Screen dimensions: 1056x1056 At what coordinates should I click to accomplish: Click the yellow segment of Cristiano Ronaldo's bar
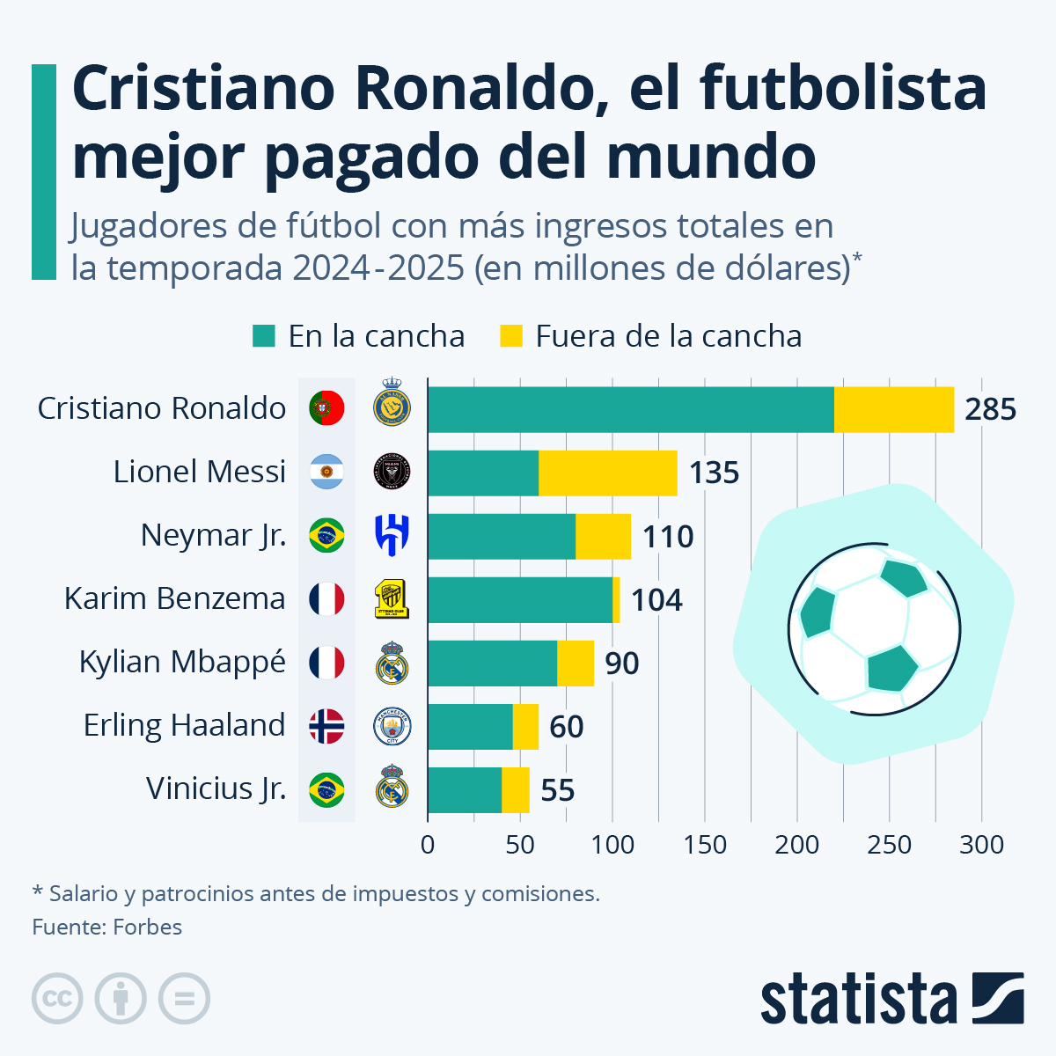(x=894, y=409)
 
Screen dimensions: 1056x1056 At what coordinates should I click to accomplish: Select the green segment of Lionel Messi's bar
(x=483, y=473)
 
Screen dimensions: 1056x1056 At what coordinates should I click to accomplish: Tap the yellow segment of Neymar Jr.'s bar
(x=603, y=537)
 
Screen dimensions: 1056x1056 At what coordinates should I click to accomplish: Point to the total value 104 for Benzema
(x=656, y=600)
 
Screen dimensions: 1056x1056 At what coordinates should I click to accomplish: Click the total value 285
(x=990, y=409)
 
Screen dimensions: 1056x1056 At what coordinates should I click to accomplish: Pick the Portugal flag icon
(x=326, y=408)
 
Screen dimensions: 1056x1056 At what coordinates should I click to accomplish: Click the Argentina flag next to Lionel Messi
(x=326, y=472)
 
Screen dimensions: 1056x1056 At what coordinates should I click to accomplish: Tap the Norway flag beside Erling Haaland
(x=326, y=726)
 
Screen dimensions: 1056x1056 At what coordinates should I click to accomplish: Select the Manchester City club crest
(x=392, y=726)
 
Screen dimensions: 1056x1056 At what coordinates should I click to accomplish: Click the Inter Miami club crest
(x=392, y=472)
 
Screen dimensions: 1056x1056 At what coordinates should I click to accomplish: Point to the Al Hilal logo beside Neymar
(x=392, y=535)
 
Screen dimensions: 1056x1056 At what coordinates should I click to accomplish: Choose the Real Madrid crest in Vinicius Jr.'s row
(x=392, y=787)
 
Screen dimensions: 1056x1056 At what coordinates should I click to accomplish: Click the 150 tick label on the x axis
(x=705, y=845)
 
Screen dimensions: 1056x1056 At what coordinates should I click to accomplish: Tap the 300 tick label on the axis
(x=981, y=845)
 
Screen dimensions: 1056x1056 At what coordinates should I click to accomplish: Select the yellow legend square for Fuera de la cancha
(x=511, y=336)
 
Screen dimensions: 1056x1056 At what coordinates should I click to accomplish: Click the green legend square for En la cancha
(x=264, y=336)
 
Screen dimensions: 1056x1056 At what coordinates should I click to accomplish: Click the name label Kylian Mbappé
(x=182, y=662)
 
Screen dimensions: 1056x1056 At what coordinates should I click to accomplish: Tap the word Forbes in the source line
(x=148, y=928)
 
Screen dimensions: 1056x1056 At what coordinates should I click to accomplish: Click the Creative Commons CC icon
(x=57, y=999)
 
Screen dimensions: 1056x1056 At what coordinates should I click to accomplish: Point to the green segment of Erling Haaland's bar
(x=470, y=727)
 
